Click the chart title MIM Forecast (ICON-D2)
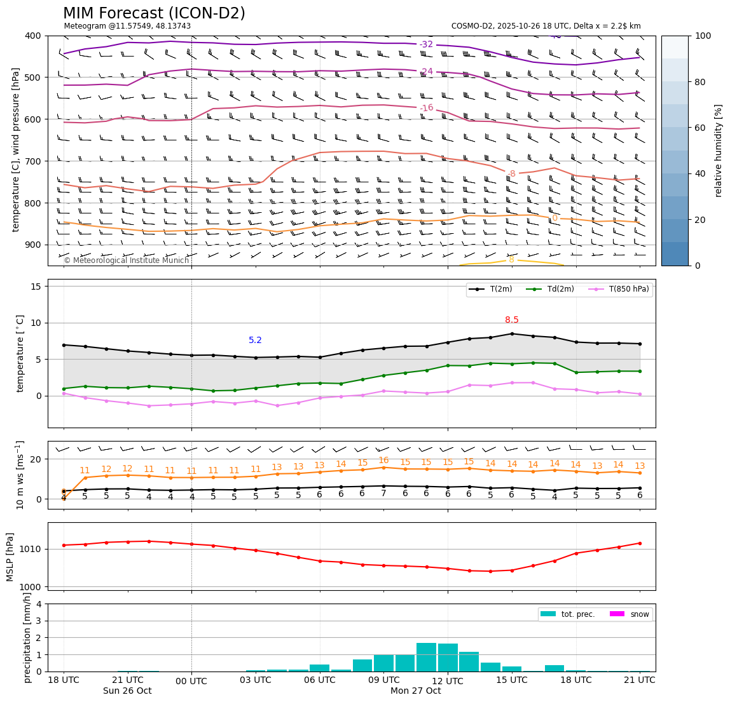pyautogui.click(x=154, y=13)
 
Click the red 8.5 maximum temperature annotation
pyautogui.click(x=512, y=320)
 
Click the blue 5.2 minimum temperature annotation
pyautogui.click(x=256, y=341)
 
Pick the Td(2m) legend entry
pyautogui.click(x=559, y=289)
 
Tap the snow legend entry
pyautogui.click(x=639, y=614)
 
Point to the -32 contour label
pyautogui.click(x=426, y=44)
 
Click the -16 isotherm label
pyautogui.click(x=426, y=108)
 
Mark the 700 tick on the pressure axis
pyautogui.click(x=32, y=161)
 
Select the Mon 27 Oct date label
pyautogui.click(x=415, y=691)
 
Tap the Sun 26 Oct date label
pyautogui.click(x=127, y=691)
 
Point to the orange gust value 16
pyautogui.click(x=383, y=461)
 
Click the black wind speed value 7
pyautogui.click(x=383, y=494)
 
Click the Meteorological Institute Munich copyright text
pyautogui.click(x=127, y=260)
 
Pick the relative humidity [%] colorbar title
pyautogui.click(x=719, y=151)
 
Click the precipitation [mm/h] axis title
pyautogui.click(x=27, y=637)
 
